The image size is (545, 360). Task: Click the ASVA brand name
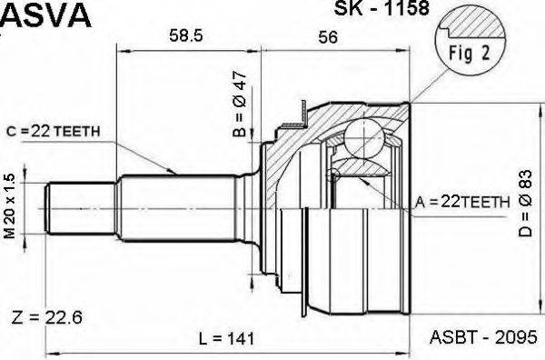click(45, 15)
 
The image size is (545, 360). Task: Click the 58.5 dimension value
click(186, 35)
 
